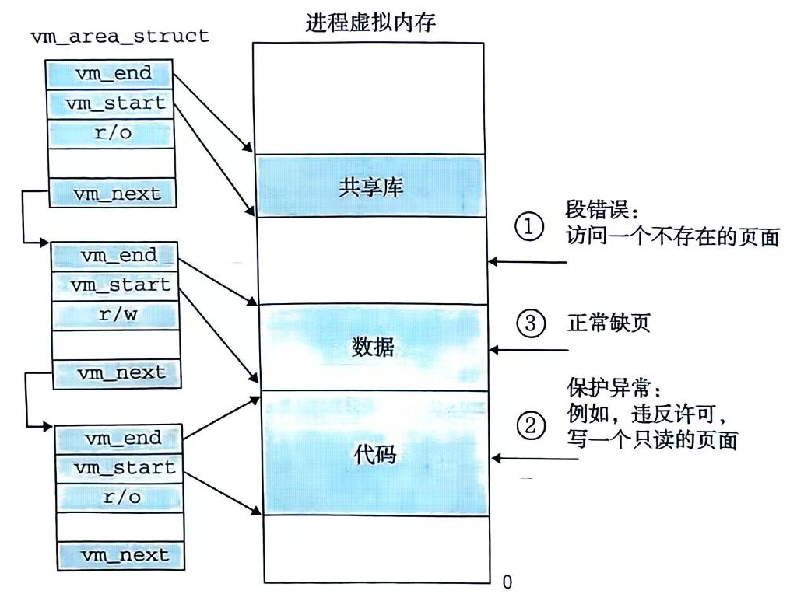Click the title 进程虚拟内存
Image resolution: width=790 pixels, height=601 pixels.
point(370,22)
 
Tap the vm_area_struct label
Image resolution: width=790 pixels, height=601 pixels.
point(119,36)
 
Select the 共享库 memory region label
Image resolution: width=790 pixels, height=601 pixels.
point(370,187)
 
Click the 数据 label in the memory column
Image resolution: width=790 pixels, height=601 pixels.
point(371,347)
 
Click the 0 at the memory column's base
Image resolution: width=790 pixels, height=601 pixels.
point(507,581)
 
